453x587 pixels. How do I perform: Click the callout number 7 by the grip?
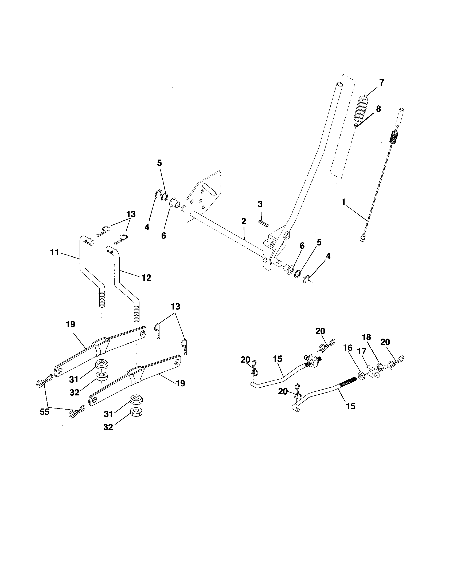tap(382, 82)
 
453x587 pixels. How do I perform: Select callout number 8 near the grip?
tap(378, 109)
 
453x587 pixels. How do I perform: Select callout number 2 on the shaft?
tap(243, 221)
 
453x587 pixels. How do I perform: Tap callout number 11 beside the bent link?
tap(54, 253)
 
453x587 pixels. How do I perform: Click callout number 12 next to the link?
tap(146, 277)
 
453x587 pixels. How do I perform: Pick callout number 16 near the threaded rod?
tap(348, 348)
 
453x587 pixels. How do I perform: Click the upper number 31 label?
tap(74, 379)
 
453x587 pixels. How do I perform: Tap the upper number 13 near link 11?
tap(131, 214)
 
